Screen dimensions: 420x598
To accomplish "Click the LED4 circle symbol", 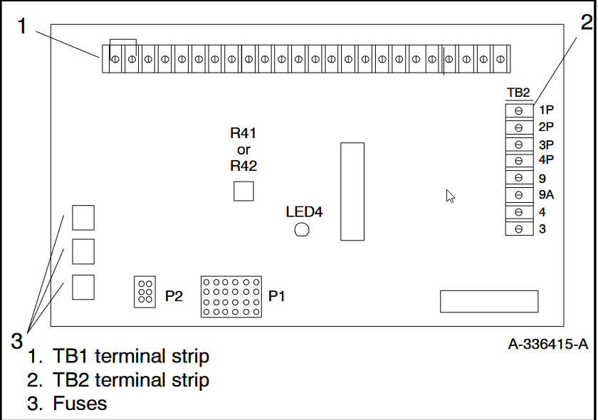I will coord(301,229).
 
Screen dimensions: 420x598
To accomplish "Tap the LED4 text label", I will coord(304,212).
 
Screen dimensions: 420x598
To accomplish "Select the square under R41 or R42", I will coord(243,191).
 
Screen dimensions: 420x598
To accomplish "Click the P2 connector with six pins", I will coord(145,292).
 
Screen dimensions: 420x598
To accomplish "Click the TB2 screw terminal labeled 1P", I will coord(519,110).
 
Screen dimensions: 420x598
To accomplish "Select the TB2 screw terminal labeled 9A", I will coord(519,194).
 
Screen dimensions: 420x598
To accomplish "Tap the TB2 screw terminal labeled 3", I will coord(519,229).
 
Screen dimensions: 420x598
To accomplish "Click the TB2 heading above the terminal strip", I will coord(518,93).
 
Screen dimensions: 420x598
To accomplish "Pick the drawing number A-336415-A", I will coord(547,345).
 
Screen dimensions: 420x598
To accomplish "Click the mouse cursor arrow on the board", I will coord(450,196).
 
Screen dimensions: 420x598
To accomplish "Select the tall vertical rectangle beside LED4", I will coord(352,191).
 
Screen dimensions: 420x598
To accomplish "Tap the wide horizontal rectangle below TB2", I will coord(488,301).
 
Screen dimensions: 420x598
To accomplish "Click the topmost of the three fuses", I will coord(83,218).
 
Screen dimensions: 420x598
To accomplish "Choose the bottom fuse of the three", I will coord(83,286).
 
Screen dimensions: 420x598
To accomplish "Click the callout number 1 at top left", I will coord(22,26).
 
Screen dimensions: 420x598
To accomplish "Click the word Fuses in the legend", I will coord(80,404).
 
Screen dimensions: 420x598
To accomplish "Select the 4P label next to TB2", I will coord(547,159).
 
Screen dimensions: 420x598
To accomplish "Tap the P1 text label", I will coord(277,295).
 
